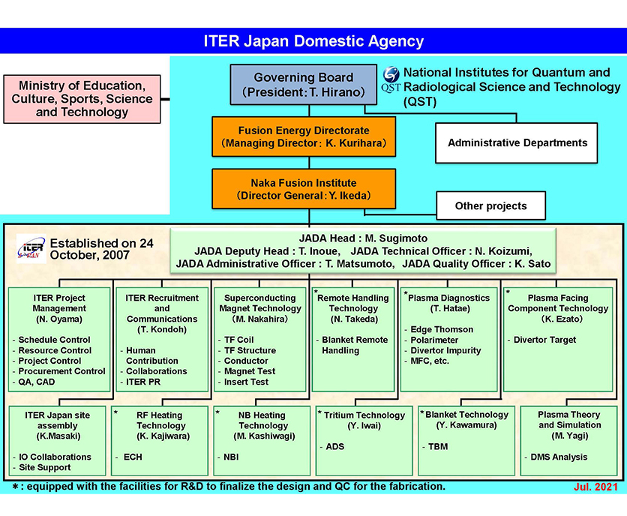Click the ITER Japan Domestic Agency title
(x=313, y=41)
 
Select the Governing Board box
(x=303, y=85)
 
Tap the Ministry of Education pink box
(x=81, y=99)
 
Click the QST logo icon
(x=391, y=79)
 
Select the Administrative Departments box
(x=517, y=142)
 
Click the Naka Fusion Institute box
(x=303, y=189)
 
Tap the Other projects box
(x=490, y=205)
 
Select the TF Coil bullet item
(x=238, y=340)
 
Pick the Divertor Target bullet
(x=544, y=340)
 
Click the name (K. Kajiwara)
(x=162, y=436)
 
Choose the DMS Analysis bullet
(x=558, y=457)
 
